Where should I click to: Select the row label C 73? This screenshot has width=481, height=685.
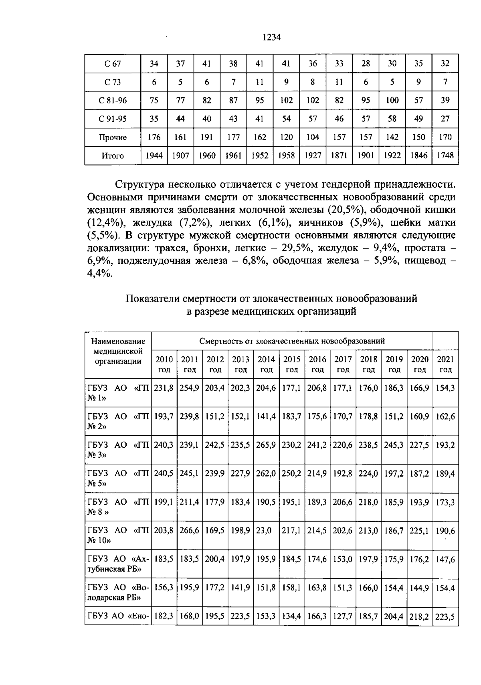[113, 82]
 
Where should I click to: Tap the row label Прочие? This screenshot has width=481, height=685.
[113, 137]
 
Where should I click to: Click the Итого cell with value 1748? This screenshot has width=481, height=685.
[445, 156]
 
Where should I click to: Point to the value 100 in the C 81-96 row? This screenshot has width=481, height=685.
[392, 100]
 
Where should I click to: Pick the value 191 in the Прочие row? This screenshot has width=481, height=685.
[207, 137]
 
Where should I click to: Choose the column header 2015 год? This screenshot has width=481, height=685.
[292, 364]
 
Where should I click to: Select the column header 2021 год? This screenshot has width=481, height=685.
[445, 364]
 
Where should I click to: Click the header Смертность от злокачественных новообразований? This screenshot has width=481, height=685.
[292, 341]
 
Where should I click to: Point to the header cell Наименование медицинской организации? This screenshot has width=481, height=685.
[118, 351]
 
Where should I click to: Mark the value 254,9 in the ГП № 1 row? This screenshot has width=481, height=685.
[190, 388]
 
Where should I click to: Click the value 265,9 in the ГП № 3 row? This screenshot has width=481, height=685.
[266, 445]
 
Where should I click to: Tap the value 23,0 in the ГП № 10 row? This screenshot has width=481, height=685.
[264, 531]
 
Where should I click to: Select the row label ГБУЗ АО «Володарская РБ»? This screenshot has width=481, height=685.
[118, 592]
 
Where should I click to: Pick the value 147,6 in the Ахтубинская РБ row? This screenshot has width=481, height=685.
[445, 559]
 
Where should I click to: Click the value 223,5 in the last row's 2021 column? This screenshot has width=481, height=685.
[445, 617]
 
